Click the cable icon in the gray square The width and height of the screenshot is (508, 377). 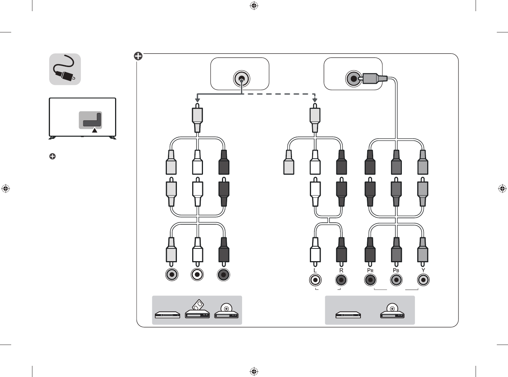click(x=65, y=69)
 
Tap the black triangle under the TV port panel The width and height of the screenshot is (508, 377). click(x=95, y=130)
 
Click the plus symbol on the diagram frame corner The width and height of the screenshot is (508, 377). click(x=138, y=56)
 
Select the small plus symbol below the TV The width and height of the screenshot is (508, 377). click(x=53, y=156)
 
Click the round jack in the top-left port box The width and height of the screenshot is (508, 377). click(x=241, y=79)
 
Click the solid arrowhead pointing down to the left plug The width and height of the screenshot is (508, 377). click(x=198, y=100)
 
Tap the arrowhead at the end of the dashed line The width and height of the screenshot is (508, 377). click(x=315, y=100)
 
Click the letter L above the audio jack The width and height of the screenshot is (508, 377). click(x=315, y=270)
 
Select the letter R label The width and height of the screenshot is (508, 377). click(x=341, y=270)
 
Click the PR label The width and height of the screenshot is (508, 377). click(x=370, y=270)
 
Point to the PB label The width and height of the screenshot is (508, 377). click(x=396, y=270)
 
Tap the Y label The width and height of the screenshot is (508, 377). click(x=423, y=270)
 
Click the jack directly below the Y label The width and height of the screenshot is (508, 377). click(x=423, y=280)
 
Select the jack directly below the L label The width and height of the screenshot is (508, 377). click(x=315, y=280)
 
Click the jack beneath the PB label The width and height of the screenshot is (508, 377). click(x=396, y=280)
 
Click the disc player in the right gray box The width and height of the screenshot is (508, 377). click(x=392, y=312)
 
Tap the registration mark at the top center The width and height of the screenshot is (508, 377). click(x=254, y=6)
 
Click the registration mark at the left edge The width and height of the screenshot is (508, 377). click(x=6, y=188)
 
